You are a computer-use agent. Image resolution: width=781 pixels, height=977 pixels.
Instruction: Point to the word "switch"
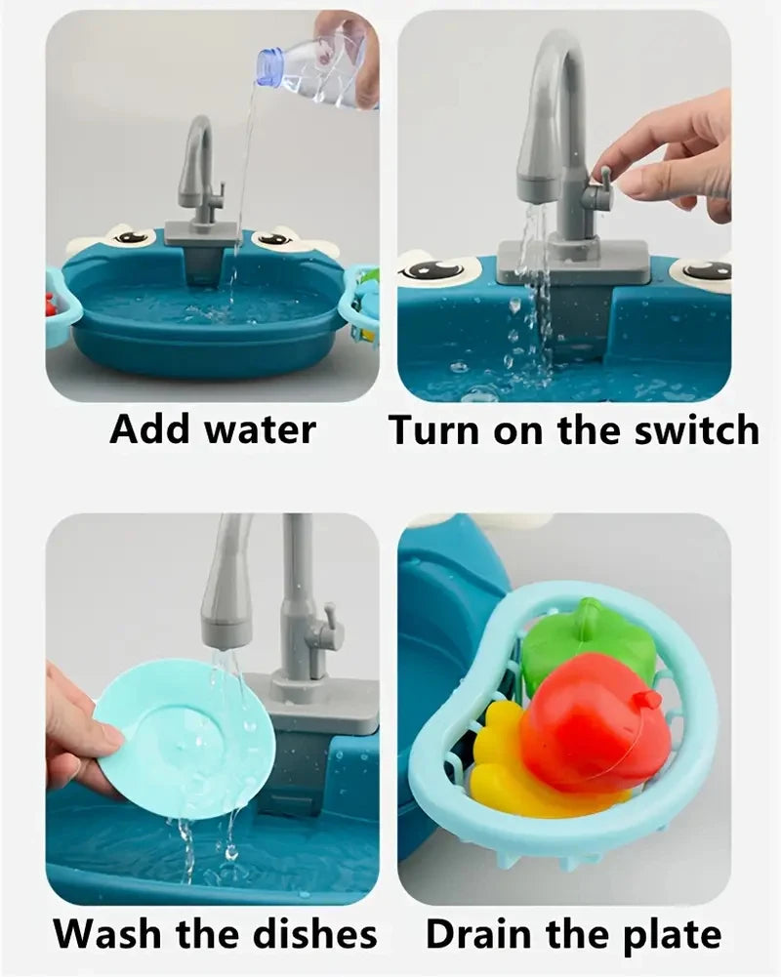click(x=695, y=430)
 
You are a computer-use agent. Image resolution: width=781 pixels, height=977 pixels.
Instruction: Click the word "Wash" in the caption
click(x=106, y=934)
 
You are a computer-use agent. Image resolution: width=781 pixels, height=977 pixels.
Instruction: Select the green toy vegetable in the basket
click(x=586, y=644)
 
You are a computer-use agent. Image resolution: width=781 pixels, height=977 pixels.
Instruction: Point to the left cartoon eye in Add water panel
click(x=129, y=237)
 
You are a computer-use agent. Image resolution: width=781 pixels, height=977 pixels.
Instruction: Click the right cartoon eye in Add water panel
click(x=276, y=238)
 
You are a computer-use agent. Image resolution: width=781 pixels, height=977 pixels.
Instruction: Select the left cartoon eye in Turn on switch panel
click(x=435, y=269)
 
